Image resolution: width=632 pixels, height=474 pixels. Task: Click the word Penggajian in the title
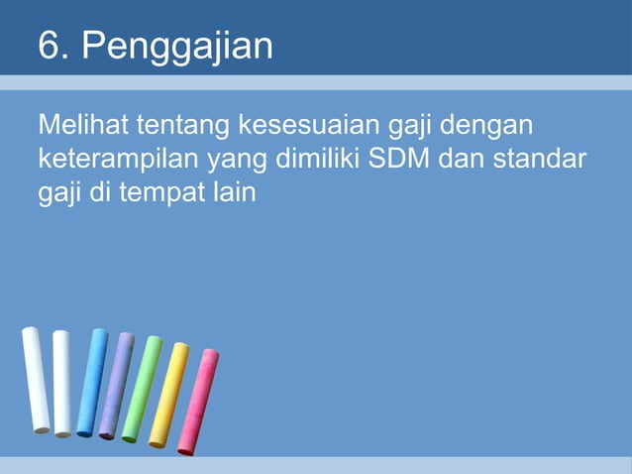pos(177,47)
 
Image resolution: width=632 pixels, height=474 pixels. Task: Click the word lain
pos(232,189)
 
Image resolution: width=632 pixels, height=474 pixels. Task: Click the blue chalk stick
pos(92,382)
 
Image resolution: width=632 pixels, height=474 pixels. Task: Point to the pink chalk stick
pos(198,402)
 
